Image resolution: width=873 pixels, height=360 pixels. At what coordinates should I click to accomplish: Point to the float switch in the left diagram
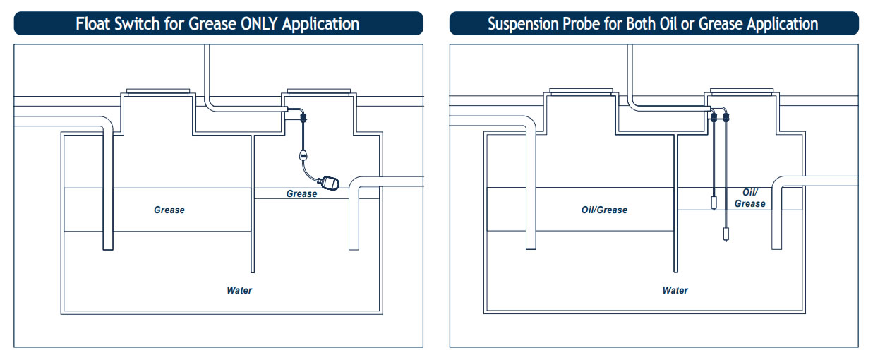(x=328, y=184)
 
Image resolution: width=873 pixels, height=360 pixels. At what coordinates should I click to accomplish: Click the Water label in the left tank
(x=239, y=290)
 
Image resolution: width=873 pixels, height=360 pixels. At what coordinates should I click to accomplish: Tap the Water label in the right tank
(x=675, y=290)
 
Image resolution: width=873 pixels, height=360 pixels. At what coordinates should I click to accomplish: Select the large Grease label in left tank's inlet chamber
(x=169, y=210)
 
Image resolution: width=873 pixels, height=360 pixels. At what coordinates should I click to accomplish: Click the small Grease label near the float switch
(x=301, y=193)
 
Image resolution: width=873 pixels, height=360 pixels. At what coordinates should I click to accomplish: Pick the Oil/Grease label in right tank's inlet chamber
(x=604, y=210)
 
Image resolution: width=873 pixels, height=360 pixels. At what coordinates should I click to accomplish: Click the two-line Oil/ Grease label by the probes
(x=749, y=198)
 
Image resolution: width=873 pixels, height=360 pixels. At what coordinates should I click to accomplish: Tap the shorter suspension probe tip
(x=716, y=204)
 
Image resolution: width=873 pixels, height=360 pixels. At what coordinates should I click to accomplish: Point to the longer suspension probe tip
(x=726, y=234)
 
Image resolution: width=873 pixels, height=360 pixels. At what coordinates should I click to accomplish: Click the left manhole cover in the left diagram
(x=158, y=92)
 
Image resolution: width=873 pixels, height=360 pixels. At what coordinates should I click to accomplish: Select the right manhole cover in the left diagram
(x=316, y=92)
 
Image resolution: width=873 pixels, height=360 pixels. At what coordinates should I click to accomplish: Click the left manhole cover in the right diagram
(x=581, y=92)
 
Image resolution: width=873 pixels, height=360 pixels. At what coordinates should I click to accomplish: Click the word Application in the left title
(x=320, y=23)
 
